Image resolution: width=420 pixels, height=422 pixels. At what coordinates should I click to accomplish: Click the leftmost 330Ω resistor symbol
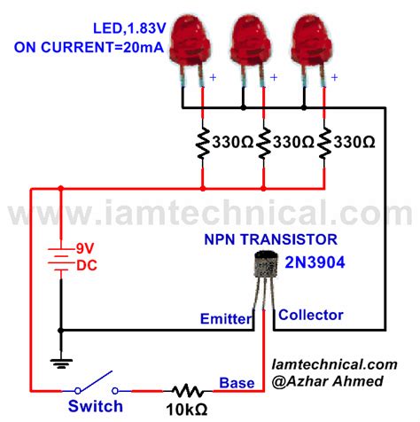[x=203, y=142]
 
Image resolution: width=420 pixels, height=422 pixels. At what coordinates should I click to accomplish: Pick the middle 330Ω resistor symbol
[x=264, y=142]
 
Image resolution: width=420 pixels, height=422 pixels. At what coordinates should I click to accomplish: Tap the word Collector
[x=310, y=315]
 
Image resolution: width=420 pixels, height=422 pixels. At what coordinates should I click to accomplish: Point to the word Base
[x=237, y=382]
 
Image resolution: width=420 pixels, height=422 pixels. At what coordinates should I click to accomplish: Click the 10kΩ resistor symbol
[x=187, y=389]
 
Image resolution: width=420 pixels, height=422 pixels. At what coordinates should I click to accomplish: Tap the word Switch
[x=95, y=407]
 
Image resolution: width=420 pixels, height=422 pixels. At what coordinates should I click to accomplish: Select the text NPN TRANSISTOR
[x=283, y=239]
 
